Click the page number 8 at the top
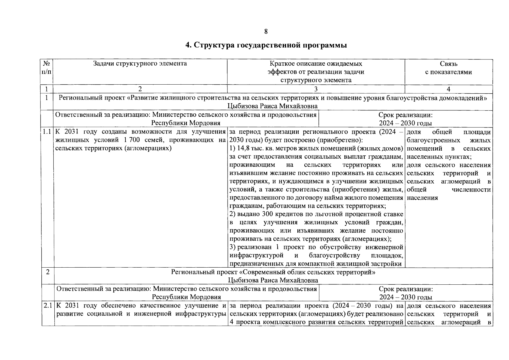pos(266,31)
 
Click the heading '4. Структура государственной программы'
pos(266,45)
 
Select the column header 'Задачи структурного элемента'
pos(140,63)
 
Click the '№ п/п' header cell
pos(47,68)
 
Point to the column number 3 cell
pos(316,89)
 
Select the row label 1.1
pos(47,132)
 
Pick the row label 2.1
pos(48,306)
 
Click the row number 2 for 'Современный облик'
pos(47,272)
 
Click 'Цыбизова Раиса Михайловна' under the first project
pos(273,106)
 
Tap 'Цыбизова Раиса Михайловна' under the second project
pos(273,280)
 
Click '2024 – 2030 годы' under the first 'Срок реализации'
pos(405,123)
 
